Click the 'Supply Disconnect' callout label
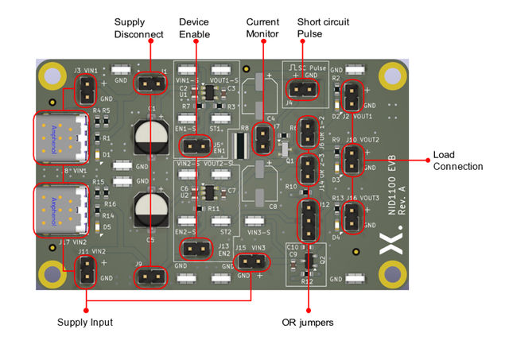[x=138, y=28]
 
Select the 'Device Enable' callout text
[x=194, y=28]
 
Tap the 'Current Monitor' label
[x=262, y=28]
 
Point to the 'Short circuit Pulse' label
[x=323, y=28]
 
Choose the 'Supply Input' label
[x=84, y=322]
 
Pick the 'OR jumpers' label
[x=308, y=323]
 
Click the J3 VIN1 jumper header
[x=84, y=94]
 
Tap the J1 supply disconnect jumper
[x=149, y=82]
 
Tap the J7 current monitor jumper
[x=261, y=140]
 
